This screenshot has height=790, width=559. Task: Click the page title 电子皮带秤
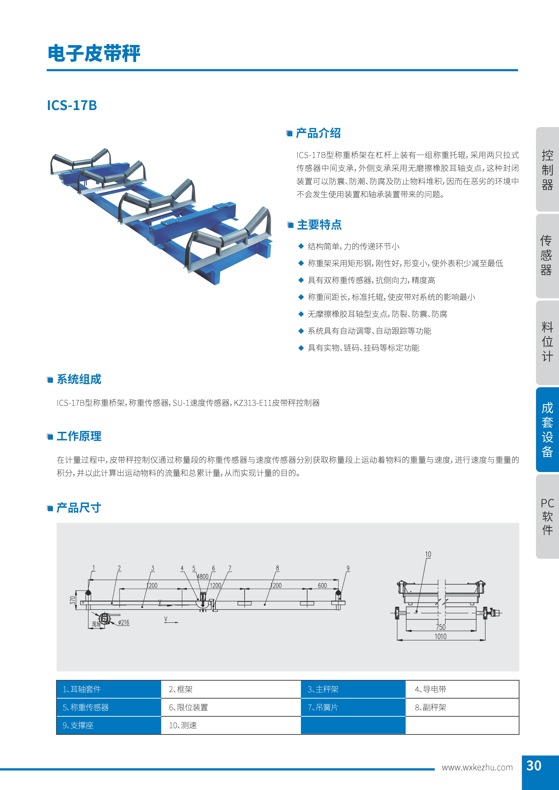pos(94,54)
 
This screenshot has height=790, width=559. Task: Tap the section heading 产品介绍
pos(318,133)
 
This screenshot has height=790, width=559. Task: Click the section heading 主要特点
pos(319,225)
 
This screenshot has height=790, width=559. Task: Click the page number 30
pos(534,766)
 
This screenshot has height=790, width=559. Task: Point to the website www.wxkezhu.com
pos(477,768)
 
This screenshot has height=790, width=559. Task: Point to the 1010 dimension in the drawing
pos(441,637)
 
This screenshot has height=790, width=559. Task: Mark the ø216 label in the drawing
pos(124,622)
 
